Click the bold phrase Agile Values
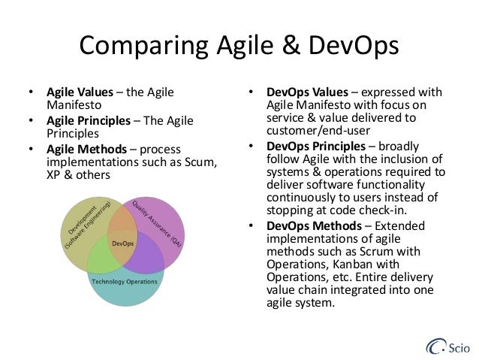(x=78, y=94)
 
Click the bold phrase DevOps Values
(x=305, y=94)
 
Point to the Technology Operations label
(x=125, y=281)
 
